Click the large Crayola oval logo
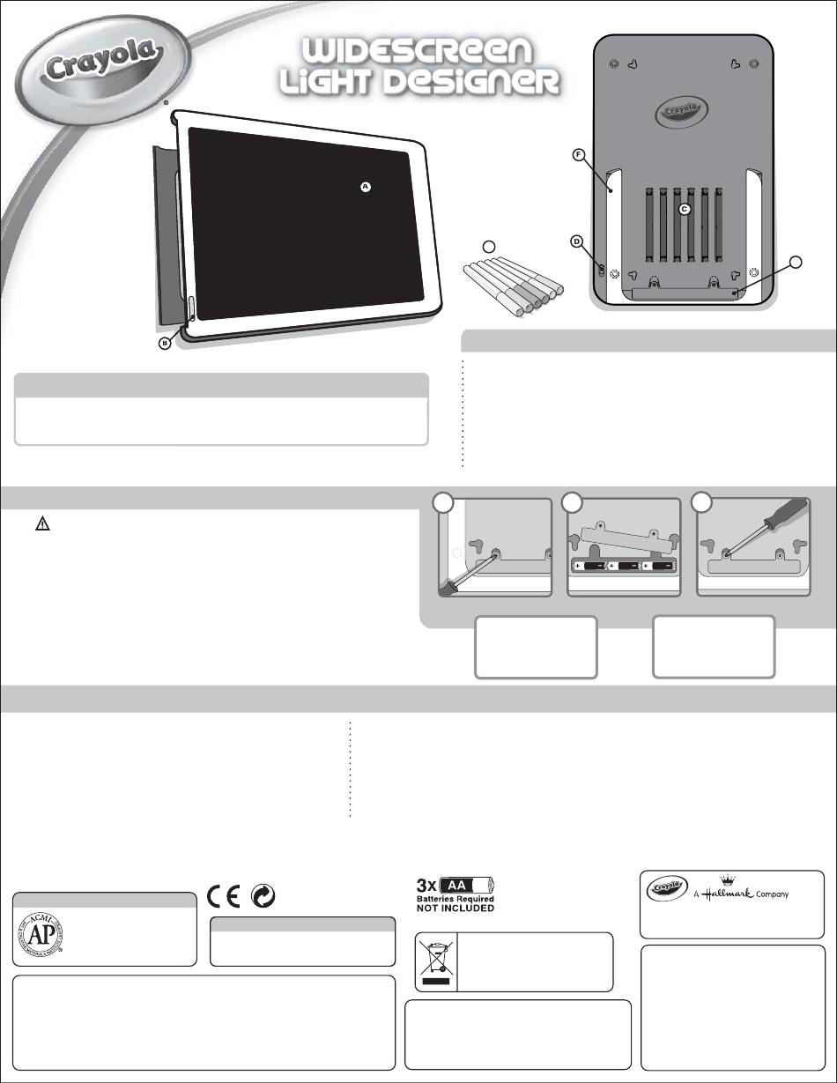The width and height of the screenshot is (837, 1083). click(x=102, y=66)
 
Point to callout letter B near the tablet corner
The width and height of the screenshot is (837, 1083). click(x=165, y=345)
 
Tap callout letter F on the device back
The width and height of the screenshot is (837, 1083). click(x=579, y=155)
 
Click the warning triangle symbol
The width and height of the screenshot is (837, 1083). click(x=41, y=523)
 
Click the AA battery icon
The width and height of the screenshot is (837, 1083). click(x=469, y=885)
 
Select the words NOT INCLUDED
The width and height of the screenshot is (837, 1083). click(x=455, y=908)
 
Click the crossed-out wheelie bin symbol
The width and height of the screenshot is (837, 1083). click(x=435, y=961)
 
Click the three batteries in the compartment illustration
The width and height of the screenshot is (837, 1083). click(x=625, y=565)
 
